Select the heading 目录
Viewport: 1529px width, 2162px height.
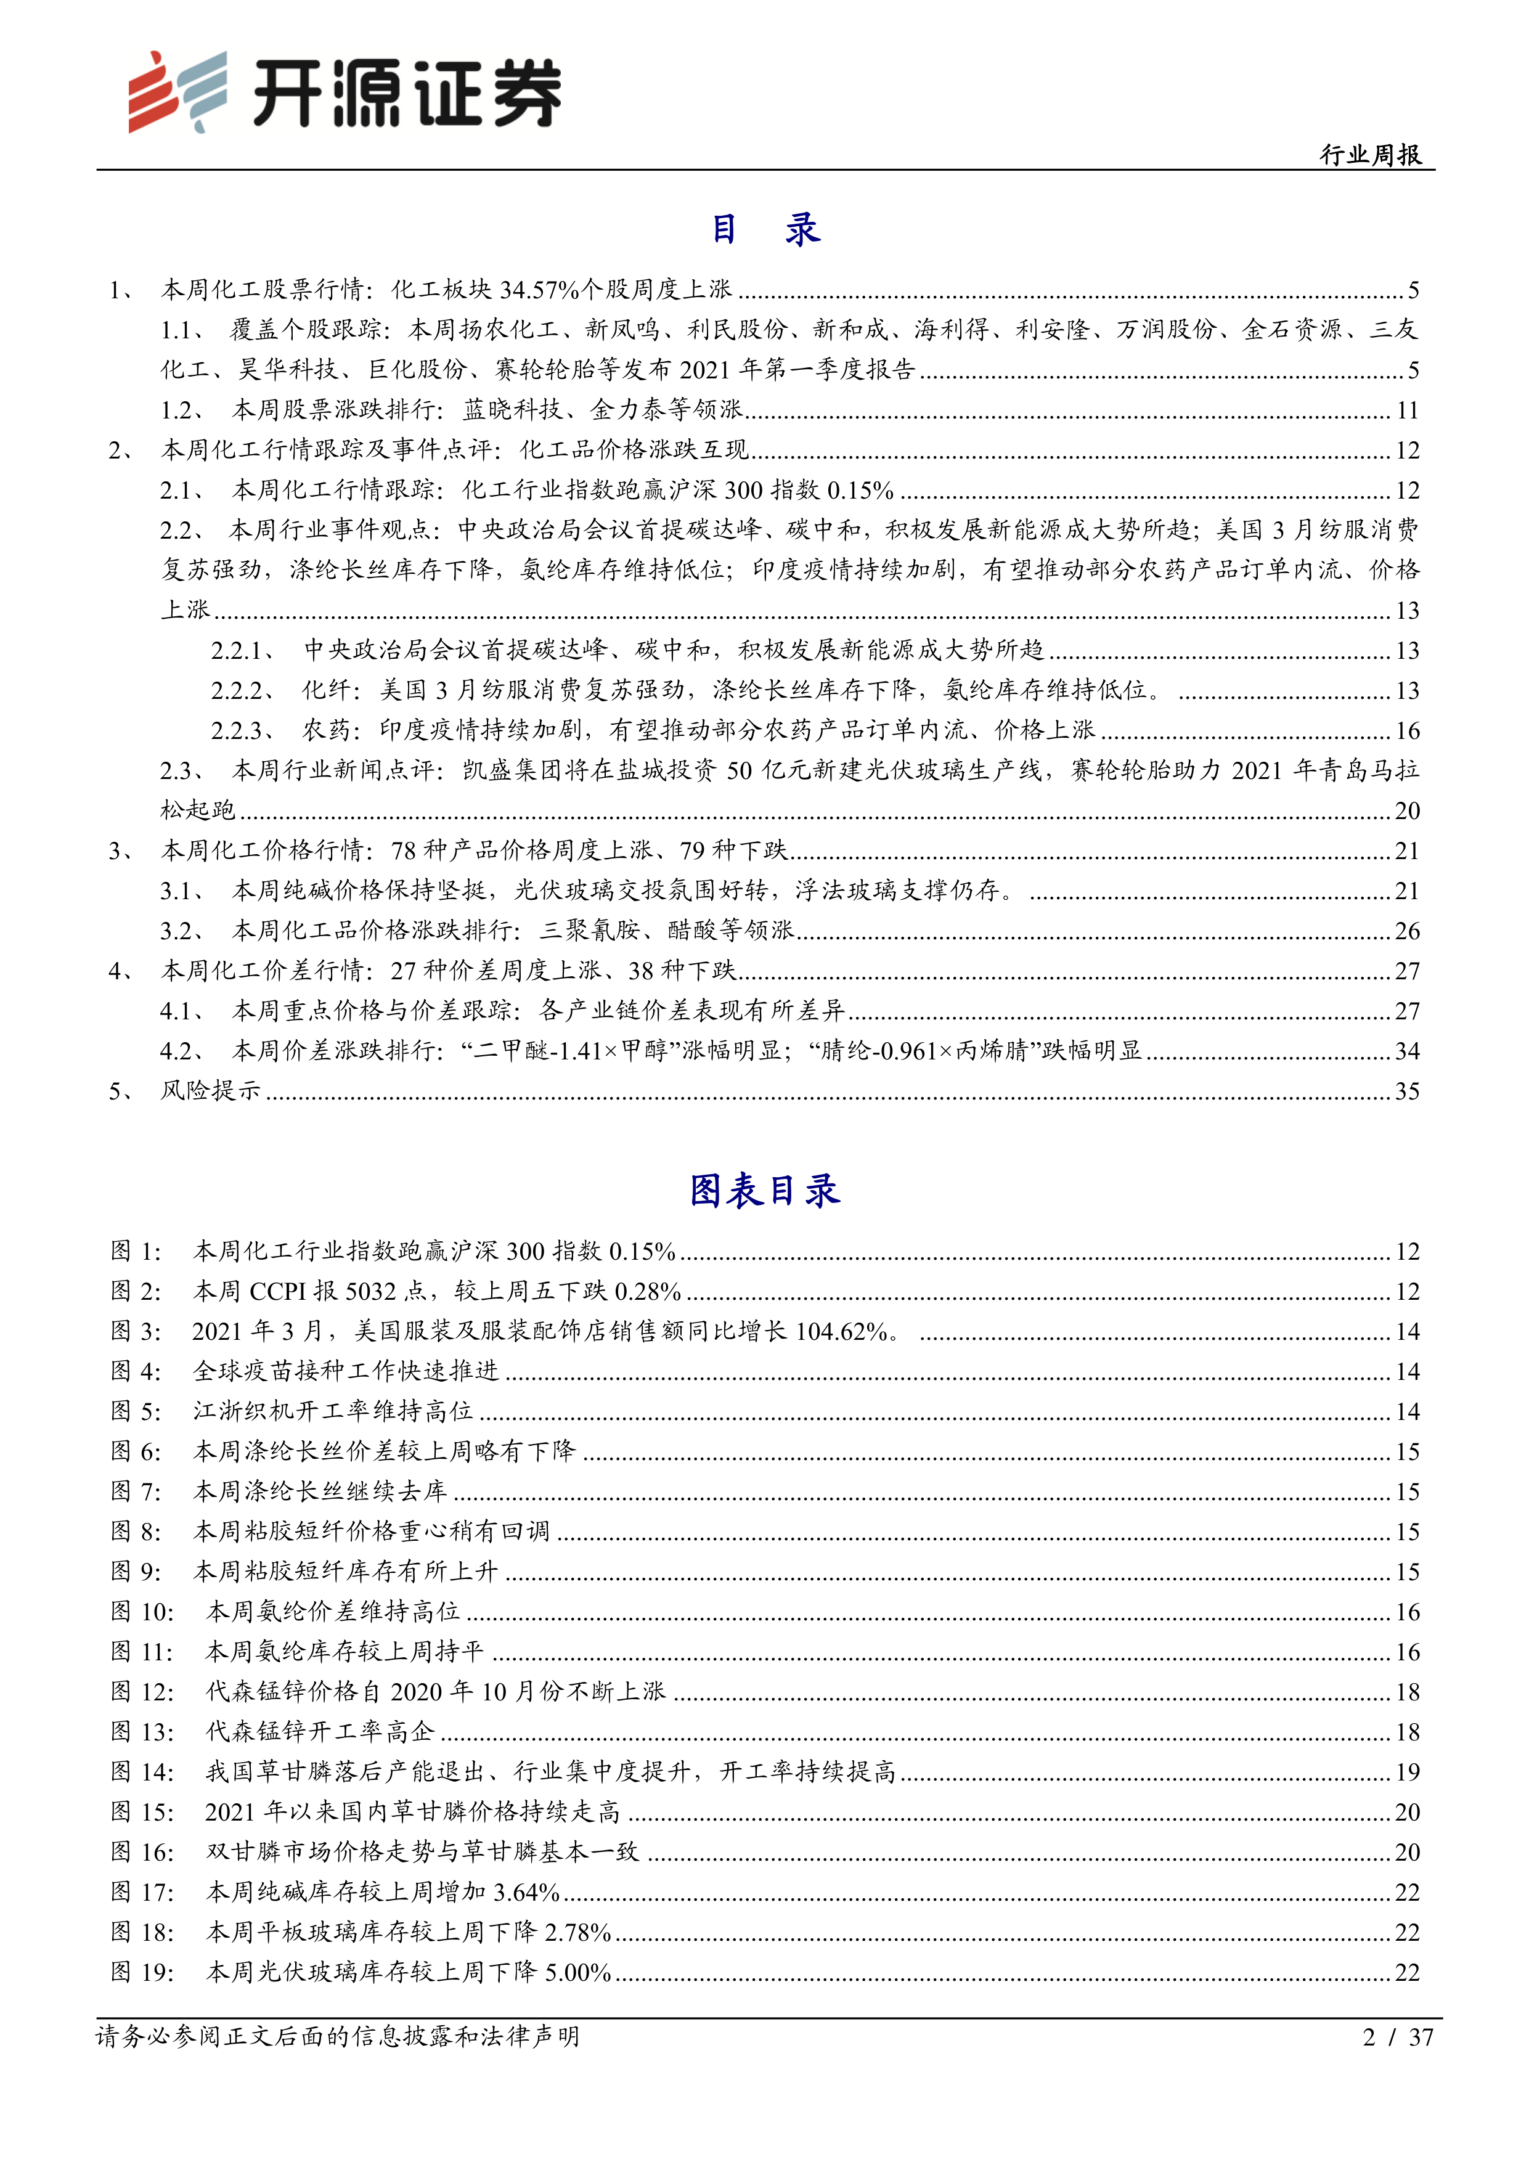(x=764, y=229)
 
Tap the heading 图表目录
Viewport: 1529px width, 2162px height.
(x=764, y=1191)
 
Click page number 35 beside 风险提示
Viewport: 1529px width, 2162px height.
(x=1406, y=1091)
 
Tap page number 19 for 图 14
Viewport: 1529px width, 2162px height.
(x=1406, y=1772)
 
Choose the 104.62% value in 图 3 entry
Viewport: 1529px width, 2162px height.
(x=842, y=1331)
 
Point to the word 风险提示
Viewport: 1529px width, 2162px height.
(x=211, y=1091)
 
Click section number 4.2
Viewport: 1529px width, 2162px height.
(x=181, y=1051)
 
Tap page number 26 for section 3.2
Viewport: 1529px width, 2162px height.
(x=1406, y=931)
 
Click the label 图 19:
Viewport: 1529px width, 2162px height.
(x=142, y=1973)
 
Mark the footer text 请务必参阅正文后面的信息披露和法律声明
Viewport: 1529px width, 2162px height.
(x=337, y=2037)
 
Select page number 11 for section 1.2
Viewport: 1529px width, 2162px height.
(x=1406, y=410)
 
